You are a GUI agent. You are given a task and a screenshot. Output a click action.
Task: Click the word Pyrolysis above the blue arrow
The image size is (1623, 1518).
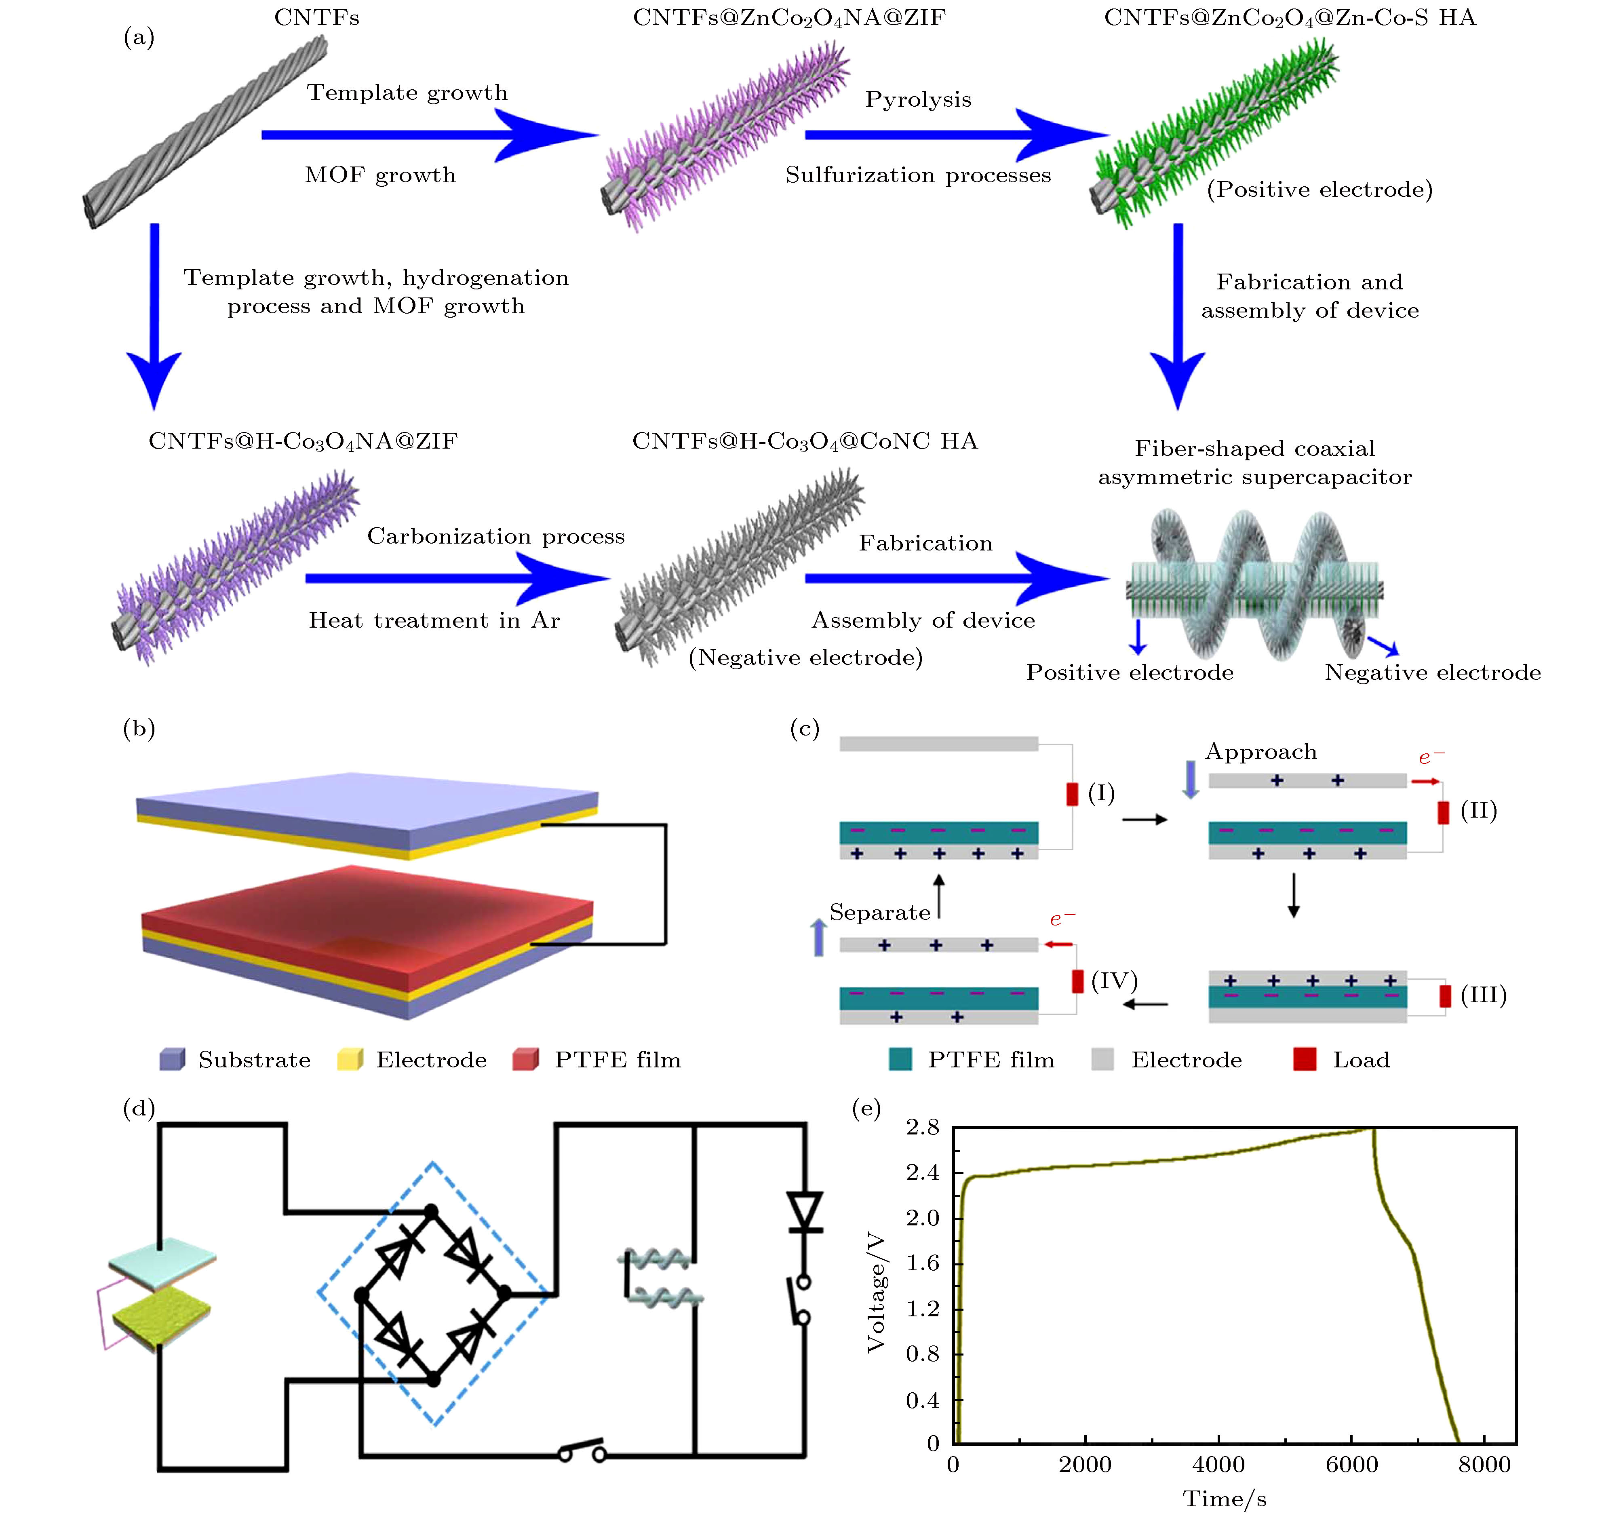tap(919, 99)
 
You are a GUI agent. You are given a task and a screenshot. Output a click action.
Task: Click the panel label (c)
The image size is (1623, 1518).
tap(804, 728)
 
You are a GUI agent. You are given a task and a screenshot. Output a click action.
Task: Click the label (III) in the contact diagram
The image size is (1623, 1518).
tap(1484, 995)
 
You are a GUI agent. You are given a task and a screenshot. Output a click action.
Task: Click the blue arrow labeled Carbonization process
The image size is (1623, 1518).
tap(457, 578)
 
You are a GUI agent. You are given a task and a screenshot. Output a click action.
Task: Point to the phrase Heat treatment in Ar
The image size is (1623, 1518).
tap(434, 621)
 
